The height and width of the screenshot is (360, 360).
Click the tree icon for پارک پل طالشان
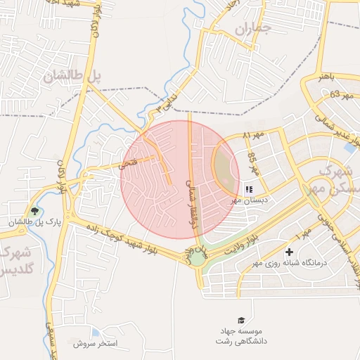click(34, 211)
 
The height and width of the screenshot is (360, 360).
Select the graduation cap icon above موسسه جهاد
click(242, 321)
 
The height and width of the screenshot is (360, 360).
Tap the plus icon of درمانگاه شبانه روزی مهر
click(289, 252)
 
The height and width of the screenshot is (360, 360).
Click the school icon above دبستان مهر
click(248, 189)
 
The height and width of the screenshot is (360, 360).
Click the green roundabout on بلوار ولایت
click(198, 258)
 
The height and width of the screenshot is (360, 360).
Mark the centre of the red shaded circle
click(180, 179)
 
